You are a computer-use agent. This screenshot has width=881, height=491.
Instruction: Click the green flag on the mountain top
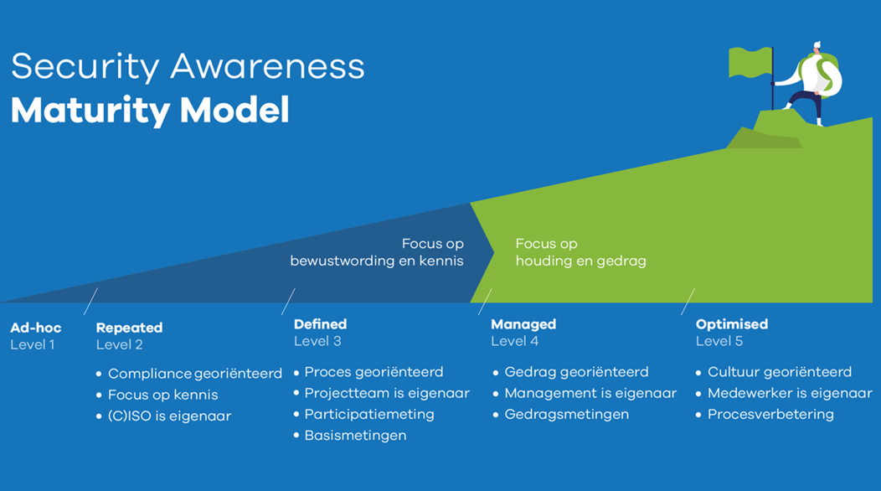pyautogui.click(x=750, y=62)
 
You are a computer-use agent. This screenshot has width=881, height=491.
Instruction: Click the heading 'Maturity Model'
pyautogui.click(x=150, y=111)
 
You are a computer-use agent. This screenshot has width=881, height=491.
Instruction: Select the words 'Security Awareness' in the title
pyautogui.click(x=188, y=66)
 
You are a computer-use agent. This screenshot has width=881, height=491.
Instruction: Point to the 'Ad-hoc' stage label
pyautogui.click(x=36, y=328)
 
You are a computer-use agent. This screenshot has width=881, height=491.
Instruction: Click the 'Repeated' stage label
pyautogui.click(x=129, y=328)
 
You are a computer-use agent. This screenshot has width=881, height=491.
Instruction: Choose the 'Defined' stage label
pyautogui.click(x=320, y=324)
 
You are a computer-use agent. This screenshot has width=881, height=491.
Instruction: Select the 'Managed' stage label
pyautogui.click(x=523, y=324)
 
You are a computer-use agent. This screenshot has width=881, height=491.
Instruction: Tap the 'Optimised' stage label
pyautogui.click(x=732, y=324)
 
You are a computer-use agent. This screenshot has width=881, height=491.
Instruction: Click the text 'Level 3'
pyautogui.click(x=317, y=341)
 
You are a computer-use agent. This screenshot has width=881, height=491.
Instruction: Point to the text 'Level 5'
pyautogui.click(x=719, y=341)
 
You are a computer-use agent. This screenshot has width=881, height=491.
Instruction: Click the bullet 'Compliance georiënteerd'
pyautogui.click(x=194, y=374)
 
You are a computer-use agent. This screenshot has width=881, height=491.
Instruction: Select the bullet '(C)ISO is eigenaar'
pyautogui.click(x=169, y=416)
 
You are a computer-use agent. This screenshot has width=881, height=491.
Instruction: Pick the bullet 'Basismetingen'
pyautogui.click(x=355, y=435)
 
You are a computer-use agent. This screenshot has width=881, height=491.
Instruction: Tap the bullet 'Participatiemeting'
pyautogui.click(x=369, y=414)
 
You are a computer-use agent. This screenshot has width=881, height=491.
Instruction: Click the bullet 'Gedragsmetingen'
pyautogui.click(x=566, y=414)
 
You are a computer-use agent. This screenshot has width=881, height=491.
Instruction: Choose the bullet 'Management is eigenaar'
pyautogui.click(x=590, y=393)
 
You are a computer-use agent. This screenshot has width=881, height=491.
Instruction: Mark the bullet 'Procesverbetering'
pyautogui.click(x=770, y=414)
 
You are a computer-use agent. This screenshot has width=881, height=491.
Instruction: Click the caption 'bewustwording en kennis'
pyautogui.click(x=377, y=261)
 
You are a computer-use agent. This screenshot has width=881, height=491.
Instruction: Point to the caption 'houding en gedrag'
pyautogui.click(x=580, y=261)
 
